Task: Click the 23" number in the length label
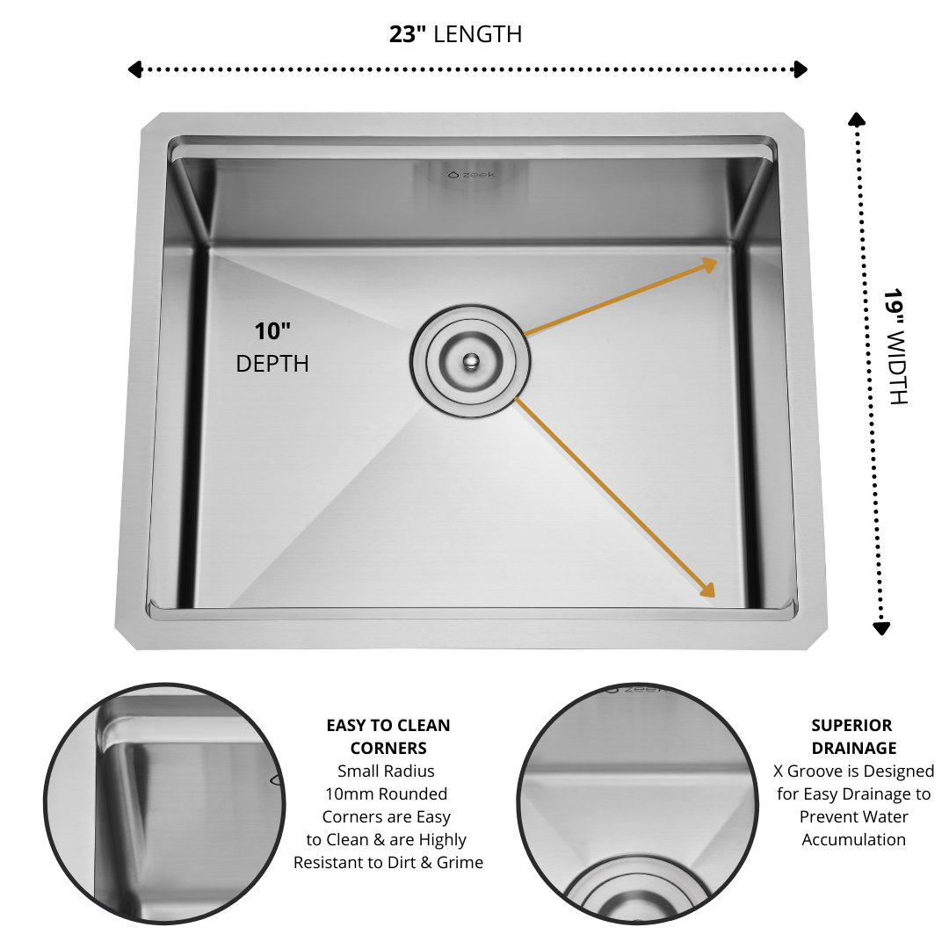(x=409, y=34)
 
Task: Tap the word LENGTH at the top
(x=478, y=34)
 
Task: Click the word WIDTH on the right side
(x=895, y=368)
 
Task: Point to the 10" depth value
(x=272, y=331)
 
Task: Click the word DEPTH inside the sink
(x=272, y=363)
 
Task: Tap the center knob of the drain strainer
(x=471, y=359)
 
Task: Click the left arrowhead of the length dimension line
(x=134, y=69)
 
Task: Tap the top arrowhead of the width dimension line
(x=856, y=118)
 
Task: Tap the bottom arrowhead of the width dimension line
(x=881, y=627)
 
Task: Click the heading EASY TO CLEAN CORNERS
(x=388, y=736)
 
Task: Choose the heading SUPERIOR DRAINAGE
(x=852, y=736)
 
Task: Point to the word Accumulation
(x=853, y=839)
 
